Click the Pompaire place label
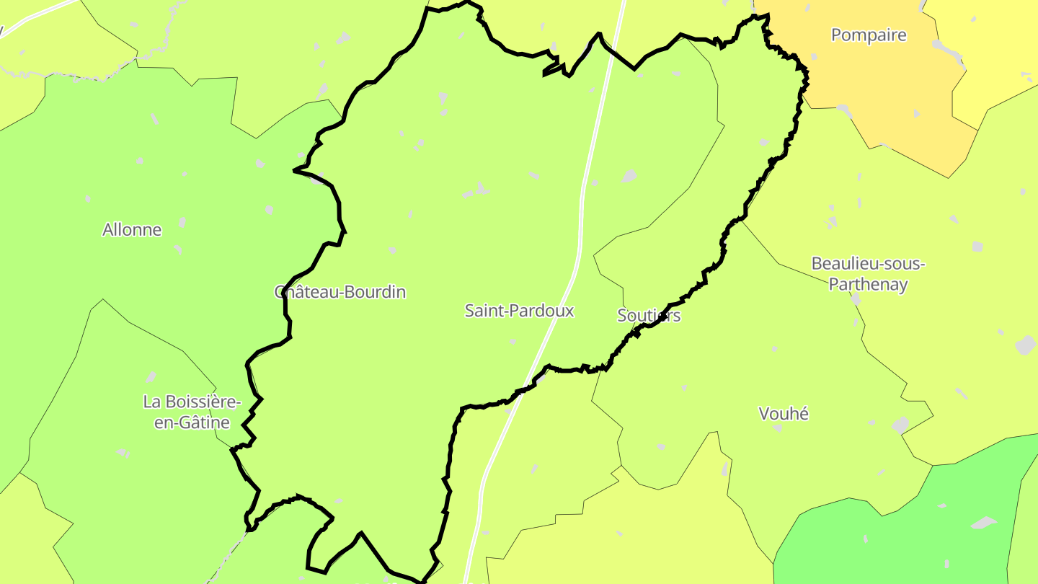click(x=868, y=35)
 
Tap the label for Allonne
click(x=132, y=230)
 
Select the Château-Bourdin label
click(x=340, y=292)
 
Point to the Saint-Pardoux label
click(x=519, y=311)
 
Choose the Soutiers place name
click(x=649, y=316)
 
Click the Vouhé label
click(x=784, y=414)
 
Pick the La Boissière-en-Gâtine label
click(x=192, y=412)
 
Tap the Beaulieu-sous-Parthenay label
click(x=868, y=274)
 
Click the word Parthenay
click(x=868, y=285)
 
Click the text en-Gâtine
click(x=192, y=422)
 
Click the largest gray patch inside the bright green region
click(x=983, y=522)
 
